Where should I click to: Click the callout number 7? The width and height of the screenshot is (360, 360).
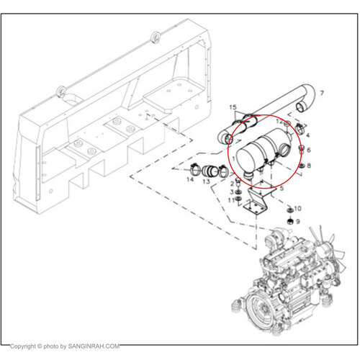[x=322, y=93]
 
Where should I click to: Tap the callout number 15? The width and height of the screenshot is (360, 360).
[x=233, y=107]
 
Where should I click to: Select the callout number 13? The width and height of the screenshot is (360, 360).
[x=206, y=181]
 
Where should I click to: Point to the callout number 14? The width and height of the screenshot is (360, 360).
[x=190, y=179]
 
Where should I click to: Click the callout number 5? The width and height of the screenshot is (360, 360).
[x=282, y=188]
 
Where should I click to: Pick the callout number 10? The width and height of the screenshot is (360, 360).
[x=297, y=209]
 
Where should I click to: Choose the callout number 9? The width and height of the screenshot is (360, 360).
[x=298, y=221]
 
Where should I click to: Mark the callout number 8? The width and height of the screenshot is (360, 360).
[x=309, y=166]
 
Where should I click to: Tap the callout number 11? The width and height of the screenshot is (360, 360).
[x=231, y=200]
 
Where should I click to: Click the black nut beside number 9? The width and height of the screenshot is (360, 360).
[x=290, y=221]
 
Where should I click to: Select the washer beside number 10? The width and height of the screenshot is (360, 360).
[x=290, y=210]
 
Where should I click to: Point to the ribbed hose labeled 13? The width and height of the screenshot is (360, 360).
[x=210, y=171]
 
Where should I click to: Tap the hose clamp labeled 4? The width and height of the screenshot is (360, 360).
[x=300, y=128]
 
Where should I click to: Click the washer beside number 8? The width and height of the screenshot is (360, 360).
[x=302, y=166]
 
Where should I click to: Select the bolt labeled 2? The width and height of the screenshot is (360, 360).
[x=238, y=184]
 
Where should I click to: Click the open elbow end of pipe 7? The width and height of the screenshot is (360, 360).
[x=302, y=107]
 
